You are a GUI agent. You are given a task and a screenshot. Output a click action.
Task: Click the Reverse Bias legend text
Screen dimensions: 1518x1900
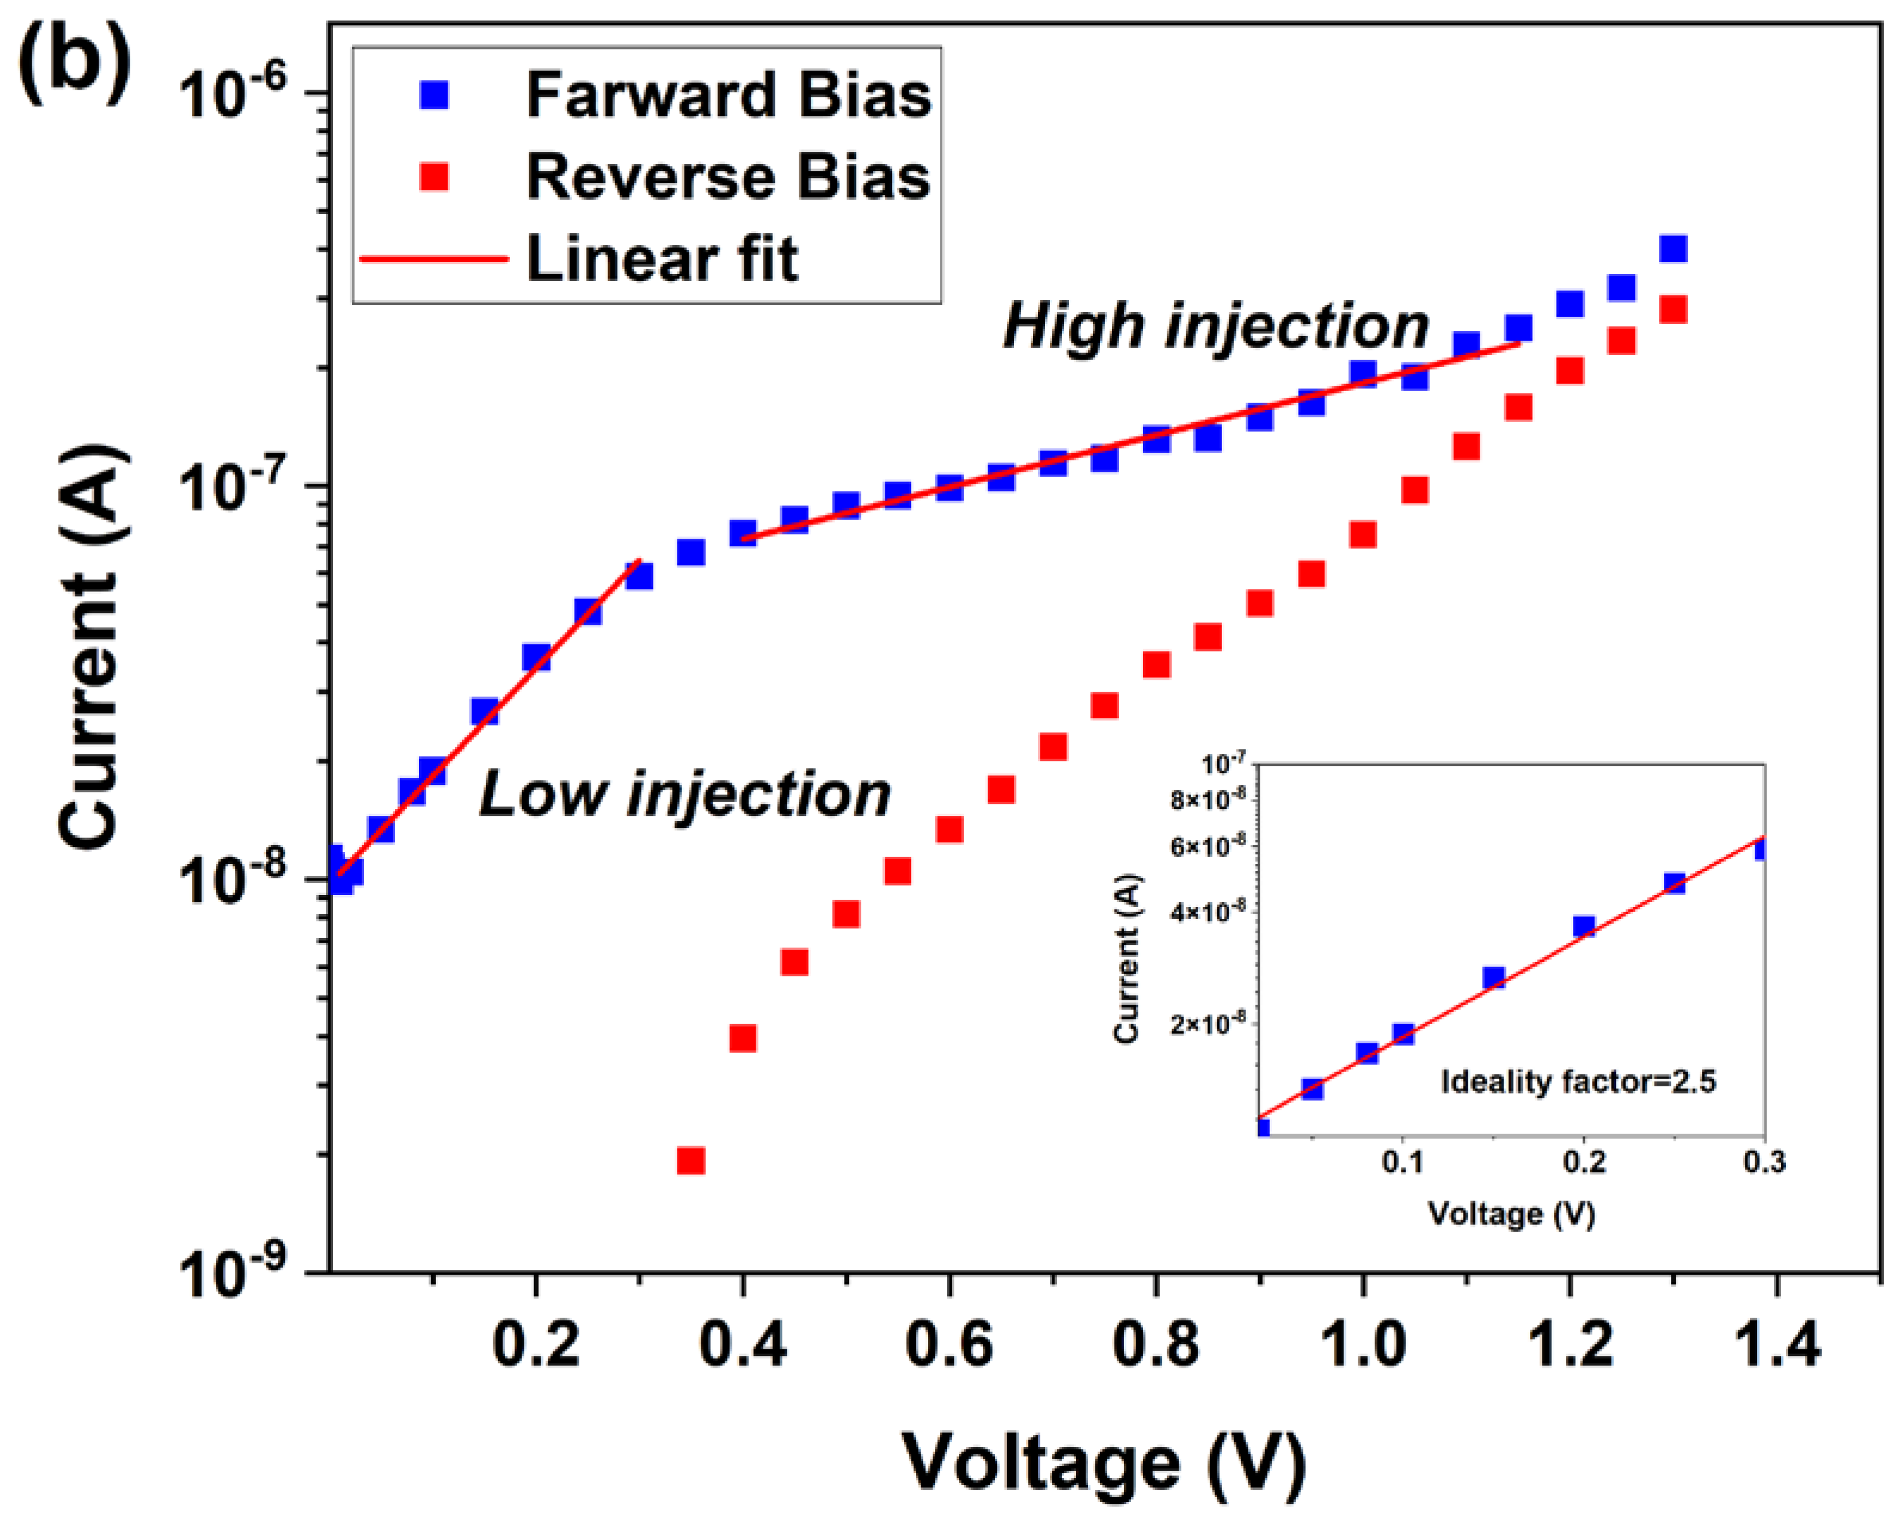[728, 177]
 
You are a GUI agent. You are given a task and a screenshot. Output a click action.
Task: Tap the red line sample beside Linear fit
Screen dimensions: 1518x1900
[435, 259]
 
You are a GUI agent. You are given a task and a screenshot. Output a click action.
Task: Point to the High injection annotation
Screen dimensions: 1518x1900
[1215, 326]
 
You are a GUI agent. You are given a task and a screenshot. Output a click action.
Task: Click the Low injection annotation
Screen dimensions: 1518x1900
[685, 794]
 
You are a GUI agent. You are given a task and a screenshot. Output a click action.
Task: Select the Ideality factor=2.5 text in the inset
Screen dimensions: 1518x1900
[1578, 1082]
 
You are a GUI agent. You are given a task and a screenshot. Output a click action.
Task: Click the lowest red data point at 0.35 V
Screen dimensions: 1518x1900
[691, 1161]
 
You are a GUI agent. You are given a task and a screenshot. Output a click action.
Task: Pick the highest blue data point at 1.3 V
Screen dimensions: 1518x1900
[1673, 249]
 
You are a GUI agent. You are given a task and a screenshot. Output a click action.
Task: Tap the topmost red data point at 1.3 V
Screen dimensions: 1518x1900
[1673, 310]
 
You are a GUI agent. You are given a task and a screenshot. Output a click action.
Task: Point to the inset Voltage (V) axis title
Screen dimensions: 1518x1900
[1511, 1215]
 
